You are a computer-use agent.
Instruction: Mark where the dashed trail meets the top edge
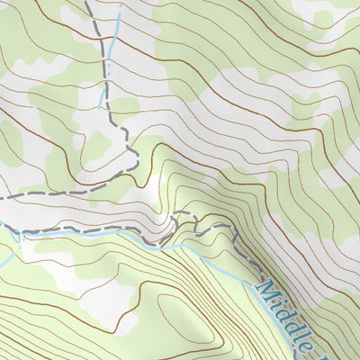point(86,2)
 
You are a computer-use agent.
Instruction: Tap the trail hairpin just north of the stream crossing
point(171,220)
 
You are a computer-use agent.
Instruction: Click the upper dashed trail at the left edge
point(3,195)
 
